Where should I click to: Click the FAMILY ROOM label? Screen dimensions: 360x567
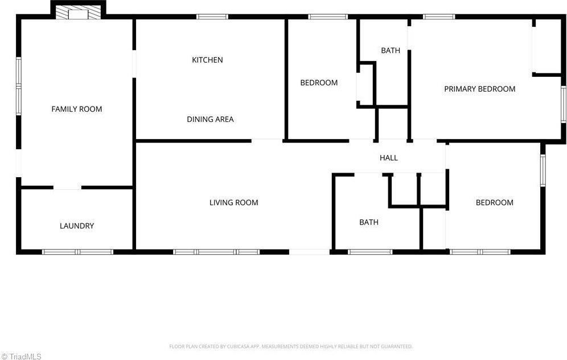coord(77,109)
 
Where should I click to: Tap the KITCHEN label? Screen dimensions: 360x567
coord(207,60)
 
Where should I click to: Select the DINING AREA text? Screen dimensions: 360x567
coord(210,119)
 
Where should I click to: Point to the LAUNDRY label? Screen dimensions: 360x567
coord(77,226)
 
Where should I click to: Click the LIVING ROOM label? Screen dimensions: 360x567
coord(233,202)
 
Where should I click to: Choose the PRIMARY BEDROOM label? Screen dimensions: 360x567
coord(479,89)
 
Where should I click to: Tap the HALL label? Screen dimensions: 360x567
coord(389,158)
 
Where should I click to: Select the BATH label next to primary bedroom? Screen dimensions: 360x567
coord(391,51)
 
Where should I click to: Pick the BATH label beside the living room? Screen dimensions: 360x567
coord(368,222)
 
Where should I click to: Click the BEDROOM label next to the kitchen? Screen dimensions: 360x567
coord(319,83)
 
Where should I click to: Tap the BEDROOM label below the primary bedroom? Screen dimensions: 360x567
coord(494,202)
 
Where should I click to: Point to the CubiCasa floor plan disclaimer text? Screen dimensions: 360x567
coord(290,346)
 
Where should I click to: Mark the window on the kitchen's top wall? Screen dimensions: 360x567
coord(212,17)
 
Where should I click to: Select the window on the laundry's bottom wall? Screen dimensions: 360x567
coord(78,251)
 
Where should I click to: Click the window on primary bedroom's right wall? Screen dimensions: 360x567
coord(563,104)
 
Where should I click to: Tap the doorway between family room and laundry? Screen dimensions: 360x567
coord(67,187)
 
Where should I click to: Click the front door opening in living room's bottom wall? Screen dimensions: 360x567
coord(309,251)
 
